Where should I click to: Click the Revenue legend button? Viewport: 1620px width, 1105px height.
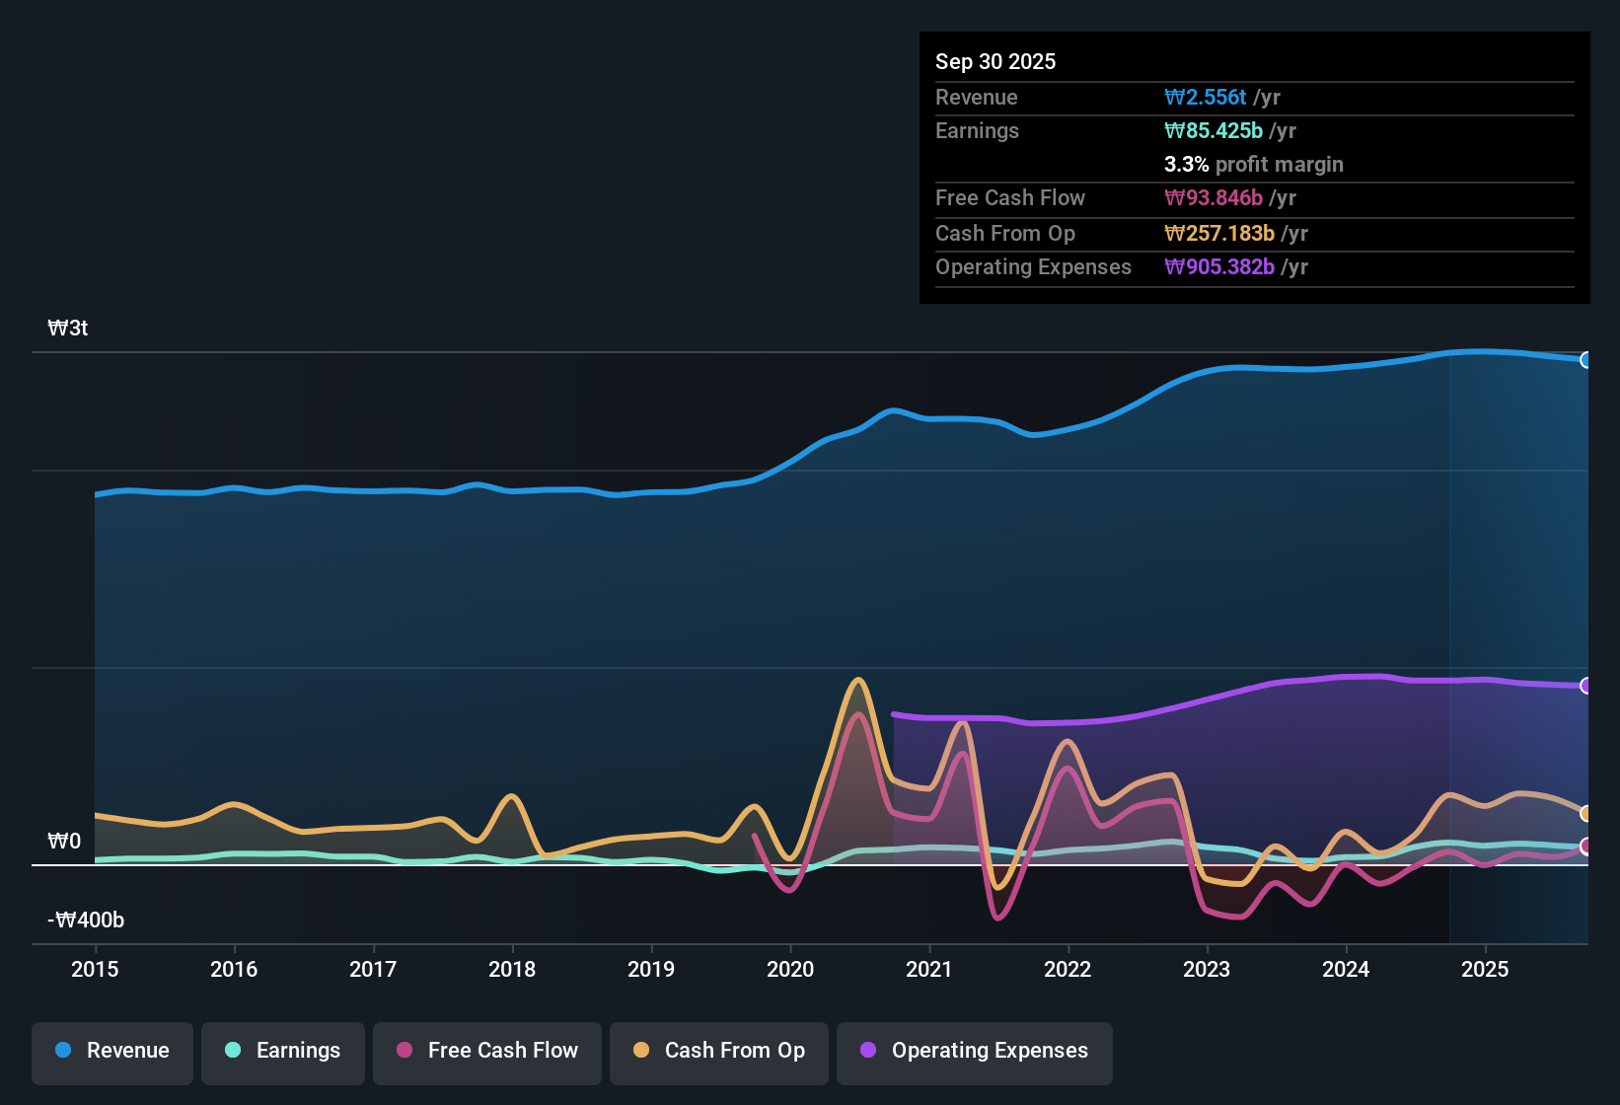(x=112, y=1052)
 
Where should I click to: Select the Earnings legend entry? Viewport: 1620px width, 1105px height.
(x=283, y=1052)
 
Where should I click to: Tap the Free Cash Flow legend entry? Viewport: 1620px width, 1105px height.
(x=487, y=1052)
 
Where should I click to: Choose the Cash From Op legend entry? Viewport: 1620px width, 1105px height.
(x=719, y=1052)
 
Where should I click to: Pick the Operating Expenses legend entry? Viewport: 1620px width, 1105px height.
(x=975, y=1052)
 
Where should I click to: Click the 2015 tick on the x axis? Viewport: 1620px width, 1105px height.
(x=95, y=969)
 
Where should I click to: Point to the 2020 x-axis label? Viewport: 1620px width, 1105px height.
(x=790, y=969)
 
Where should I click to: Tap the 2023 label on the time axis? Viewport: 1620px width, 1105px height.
(x=1207, y=969)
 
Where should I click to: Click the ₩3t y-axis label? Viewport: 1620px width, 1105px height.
(x=68, y=329)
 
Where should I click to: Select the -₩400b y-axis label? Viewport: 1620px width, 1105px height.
(x=86, y=921)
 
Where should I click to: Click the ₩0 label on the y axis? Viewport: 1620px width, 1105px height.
(x=64, y=842)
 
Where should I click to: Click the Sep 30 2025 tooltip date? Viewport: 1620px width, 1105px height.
(x=994, y=61)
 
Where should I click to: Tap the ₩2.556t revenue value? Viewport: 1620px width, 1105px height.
(x=1205, y=97)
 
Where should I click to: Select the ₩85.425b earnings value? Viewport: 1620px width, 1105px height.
(x=1213, y=130)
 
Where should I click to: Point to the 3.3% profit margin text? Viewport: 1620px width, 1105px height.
(x=1253, y=164)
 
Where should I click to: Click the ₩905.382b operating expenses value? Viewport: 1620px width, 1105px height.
(x=1218, y=266)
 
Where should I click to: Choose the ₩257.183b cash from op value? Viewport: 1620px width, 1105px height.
(x=1218, y=233)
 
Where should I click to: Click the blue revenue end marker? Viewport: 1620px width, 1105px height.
(x=1585, y=360)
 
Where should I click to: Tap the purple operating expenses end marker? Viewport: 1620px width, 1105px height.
(x=1585, y=686)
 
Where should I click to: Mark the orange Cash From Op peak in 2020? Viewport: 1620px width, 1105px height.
(x=858, y=680)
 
